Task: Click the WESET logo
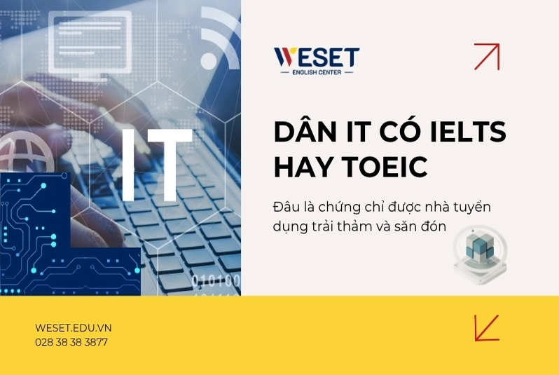pos(317,61)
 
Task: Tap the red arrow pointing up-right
pos(487,56)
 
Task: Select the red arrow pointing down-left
pos(487,327)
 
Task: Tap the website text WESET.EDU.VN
pos(73,328)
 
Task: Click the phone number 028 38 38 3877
pos(71,342)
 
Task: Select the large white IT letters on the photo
pos(157,165)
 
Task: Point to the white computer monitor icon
pos(90,46)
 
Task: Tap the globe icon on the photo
pos(25,154)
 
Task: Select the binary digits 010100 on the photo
pos(216,281)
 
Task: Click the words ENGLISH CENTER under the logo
pos(317,72)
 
